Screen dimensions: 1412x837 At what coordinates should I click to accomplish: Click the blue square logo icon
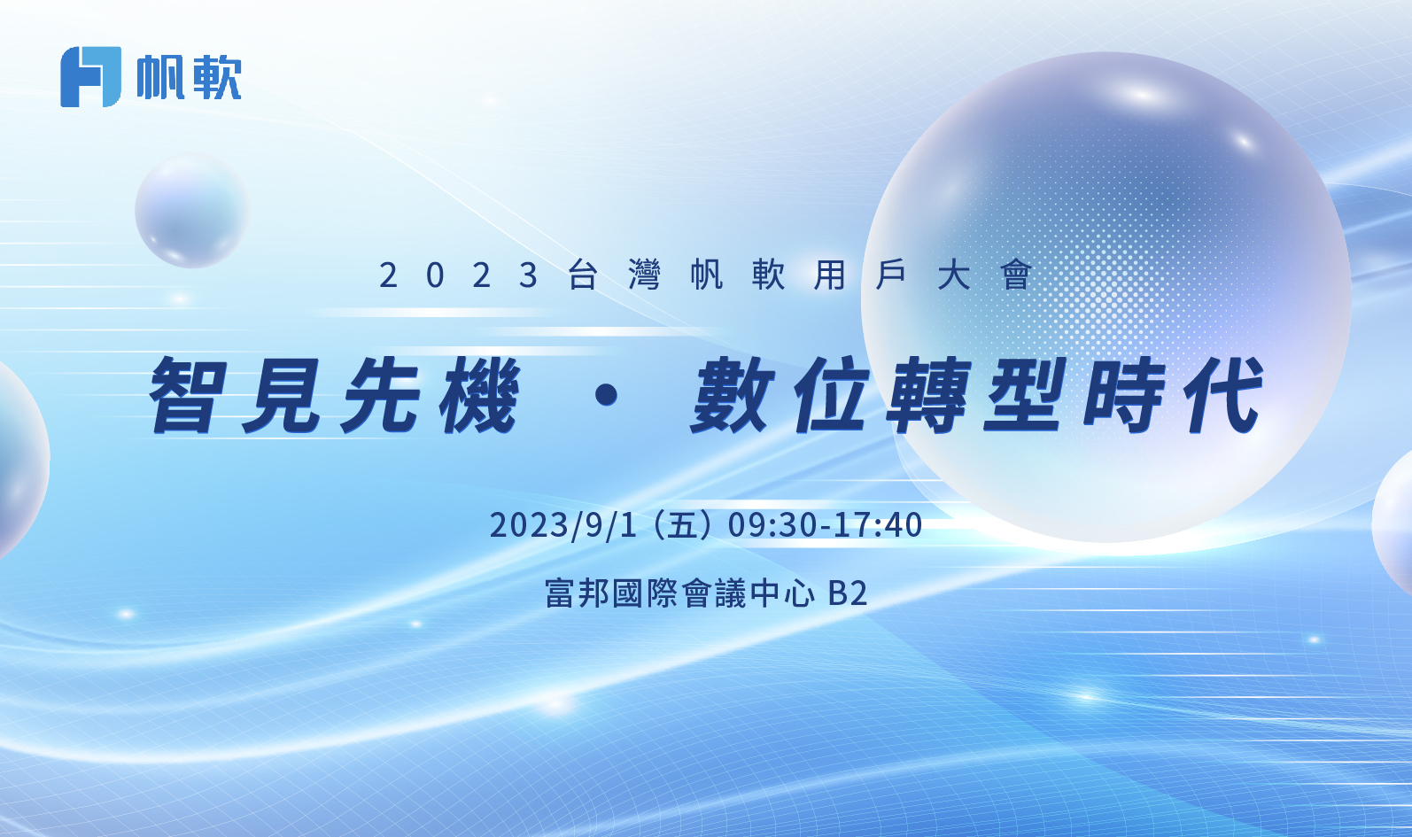(90, 77)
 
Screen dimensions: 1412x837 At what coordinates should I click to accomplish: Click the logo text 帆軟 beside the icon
(189, 78)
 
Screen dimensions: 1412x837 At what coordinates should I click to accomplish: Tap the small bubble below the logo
(192, 210)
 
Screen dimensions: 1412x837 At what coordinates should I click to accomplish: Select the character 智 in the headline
(188, 394)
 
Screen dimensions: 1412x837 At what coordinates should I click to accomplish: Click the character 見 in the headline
(283, 394)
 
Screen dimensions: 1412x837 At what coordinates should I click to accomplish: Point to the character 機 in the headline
(480, 394)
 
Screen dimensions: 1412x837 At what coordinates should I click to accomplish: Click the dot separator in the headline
(607, 395)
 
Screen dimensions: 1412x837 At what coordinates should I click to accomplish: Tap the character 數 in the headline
(733, 394)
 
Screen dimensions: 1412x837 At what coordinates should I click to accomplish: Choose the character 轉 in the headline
(927, 394)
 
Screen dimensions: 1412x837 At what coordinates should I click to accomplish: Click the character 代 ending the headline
(1224, 394)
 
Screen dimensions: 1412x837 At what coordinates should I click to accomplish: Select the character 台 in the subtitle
(583, 275)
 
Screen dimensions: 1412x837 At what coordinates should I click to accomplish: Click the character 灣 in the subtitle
(644, 275)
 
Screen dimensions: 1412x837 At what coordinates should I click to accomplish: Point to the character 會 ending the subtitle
(1015, 275)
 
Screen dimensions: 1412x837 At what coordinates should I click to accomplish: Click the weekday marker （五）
(682, 525)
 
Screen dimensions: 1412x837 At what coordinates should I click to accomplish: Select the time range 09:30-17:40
(825, 525)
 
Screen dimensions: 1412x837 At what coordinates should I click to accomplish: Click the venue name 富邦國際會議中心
(680, 593)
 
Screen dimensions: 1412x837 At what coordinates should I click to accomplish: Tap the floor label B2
(848, 593)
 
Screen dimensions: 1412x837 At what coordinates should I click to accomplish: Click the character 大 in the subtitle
(953, 275)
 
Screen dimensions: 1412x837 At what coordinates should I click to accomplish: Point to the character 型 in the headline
(1026, 394)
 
